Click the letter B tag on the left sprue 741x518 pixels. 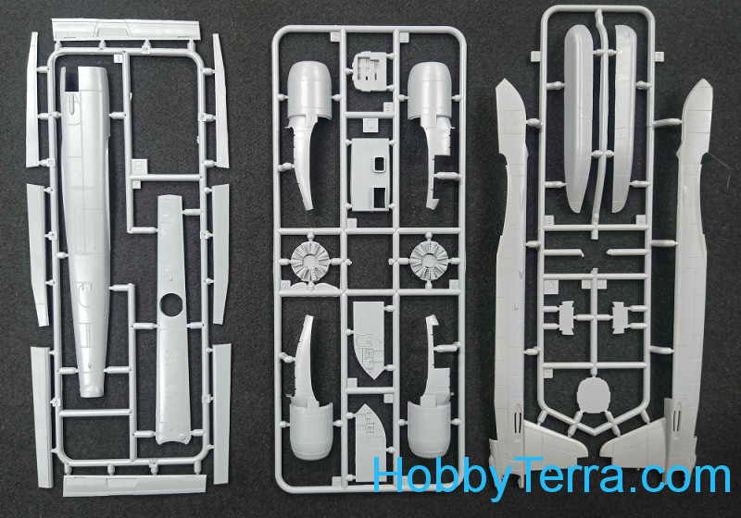point(139,166)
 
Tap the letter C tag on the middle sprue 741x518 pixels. point(371,125)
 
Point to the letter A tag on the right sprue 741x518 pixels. point(551,287)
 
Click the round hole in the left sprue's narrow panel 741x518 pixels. point(170,305)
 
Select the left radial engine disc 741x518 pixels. point(310,261)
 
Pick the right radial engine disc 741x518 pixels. point(429,261)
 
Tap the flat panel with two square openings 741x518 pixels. point(372,175)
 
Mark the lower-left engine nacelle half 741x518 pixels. point(309,388)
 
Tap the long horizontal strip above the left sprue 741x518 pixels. point(126,30)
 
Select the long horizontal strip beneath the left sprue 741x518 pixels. point(135,485)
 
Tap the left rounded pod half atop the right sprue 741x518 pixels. point(580,118)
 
